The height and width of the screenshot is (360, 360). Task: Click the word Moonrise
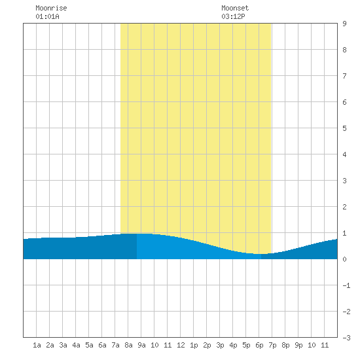(x=51, y=8)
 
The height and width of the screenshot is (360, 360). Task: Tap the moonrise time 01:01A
(x=47, y=16)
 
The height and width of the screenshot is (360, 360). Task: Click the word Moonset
(x=235, y=8)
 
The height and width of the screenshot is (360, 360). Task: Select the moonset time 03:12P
(x=233, y=16)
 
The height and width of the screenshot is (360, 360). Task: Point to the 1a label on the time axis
(x=37, y=345)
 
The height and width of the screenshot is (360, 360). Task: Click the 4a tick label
(x=76, y=345)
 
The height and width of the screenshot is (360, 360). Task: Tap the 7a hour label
(x=115, y=345)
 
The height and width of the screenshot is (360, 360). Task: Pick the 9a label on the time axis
(x=141, y=345)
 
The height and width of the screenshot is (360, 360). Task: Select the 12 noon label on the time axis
(x=181, y=345)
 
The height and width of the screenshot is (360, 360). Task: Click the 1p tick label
(x=194, y=345)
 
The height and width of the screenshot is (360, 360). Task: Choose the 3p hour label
(x=220, y=345)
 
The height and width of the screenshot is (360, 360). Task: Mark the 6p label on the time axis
(x=259, y=345)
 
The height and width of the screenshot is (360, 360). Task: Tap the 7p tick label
(x=272, y=345)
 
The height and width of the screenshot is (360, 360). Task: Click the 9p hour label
(x=298, y=345)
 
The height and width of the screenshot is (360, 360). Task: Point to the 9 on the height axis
(x=344, y=24)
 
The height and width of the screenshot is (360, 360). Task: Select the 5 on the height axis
(x=344, y=128)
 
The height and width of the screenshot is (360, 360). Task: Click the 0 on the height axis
(x=344, y=259)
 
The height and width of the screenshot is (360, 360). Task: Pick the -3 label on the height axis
(x=346, y=338)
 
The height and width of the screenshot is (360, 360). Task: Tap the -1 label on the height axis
(x=346, y=285)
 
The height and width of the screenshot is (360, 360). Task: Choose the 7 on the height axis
(x=344, y=76)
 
